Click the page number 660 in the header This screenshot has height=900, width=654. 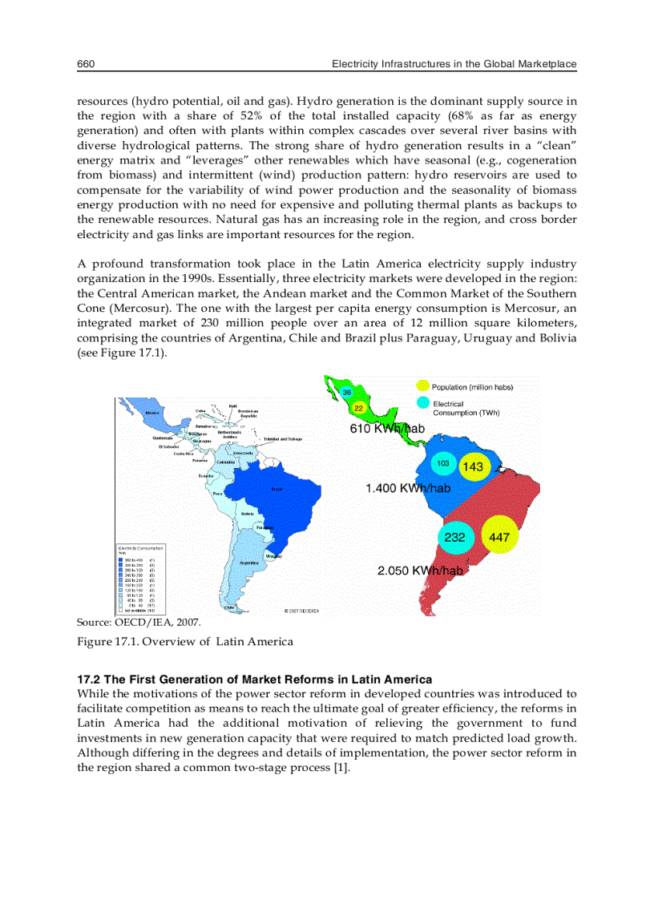coord(87,63)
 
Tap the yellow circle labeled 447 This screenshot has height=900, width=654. coord(499,538)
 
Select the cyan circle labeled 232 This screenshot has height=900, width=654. coord(454,538)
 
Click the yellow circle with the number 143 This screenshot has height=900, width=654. coord(473,466)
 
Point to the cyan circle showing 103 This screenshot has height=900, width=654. coord(442,464)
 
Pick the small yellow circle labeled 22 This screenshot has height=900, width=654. coord(359,409)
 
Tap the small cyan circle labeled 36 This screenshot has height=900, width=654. coord(347,392)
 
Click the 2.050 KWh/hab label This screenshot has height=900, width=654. coord(420,571)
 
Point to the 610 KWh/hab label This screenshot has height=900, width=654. coord(387,429)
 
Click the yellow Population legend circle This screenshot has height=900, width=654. coord(423,387)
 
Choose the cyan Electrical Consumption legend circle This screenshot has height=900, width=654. coord(423,403)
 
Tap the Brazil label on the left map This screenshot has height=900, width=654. coord(277,489)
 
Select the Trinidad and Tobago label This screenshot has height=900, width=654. coord(282,439)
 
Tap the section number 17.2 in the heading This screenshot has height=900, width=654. coord(89,680)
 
